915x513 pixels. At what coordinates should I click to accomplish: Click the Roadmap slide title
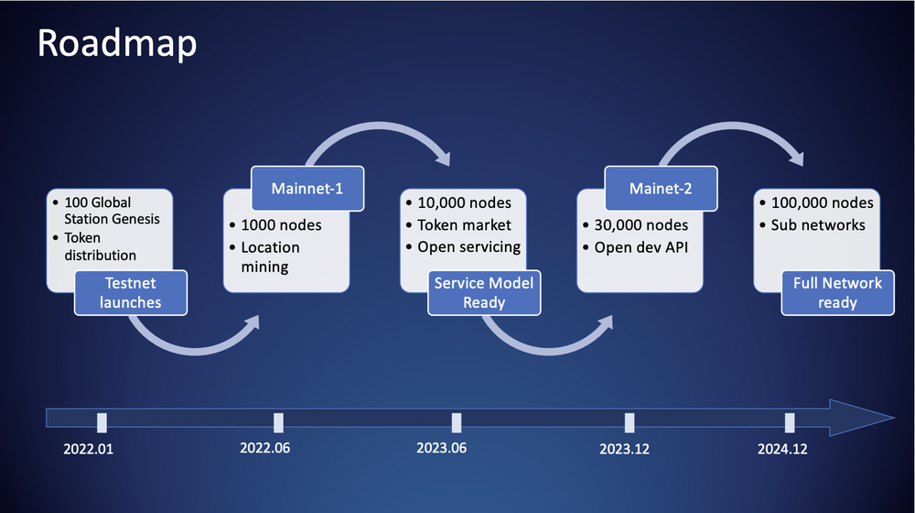click(x=116, y=43)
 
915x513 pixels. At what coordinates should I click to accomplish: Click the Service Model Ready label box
click(x=484, y=293)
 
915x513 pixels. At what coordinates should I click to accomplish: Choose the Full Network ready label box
click(x=838, y=292)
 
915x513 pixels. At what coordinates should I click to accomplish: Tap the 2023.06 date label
click(x=442, y=449)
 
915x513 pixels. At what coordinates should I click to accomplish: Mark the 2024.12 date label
click(x=782, y=450)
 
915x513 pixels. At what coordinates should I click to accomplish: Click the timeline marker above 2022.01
click(x=102, y=422)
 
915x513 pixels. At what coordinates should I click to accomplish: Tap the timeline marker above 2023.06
click(x=456, y=422)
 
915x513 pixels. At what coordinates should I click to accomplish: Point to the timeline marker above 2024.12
click(x=790, y=422)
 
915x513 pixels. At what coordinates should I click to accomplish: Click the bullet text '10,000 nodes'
click(x=464, y=202)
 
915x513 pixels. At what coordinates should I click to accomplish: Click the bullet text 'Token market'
click(x=464, y=224)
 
